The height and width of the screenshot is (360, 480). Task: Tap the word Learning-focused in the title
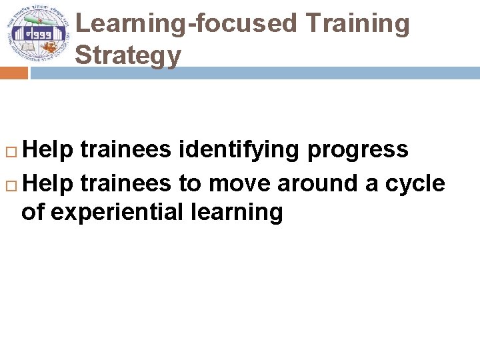(186, 23)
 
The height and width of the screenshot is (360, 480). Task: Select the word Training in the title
(357, 23)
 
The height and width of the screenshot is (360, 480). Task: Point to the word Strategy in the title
(127, 55)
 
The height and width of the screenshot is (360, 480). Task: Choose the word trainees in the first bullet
(125, 150)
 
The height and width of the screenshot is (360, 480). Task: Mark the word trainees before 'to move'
(125, 182)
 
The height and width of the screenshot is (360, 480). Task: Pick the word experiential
(120, 213)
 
